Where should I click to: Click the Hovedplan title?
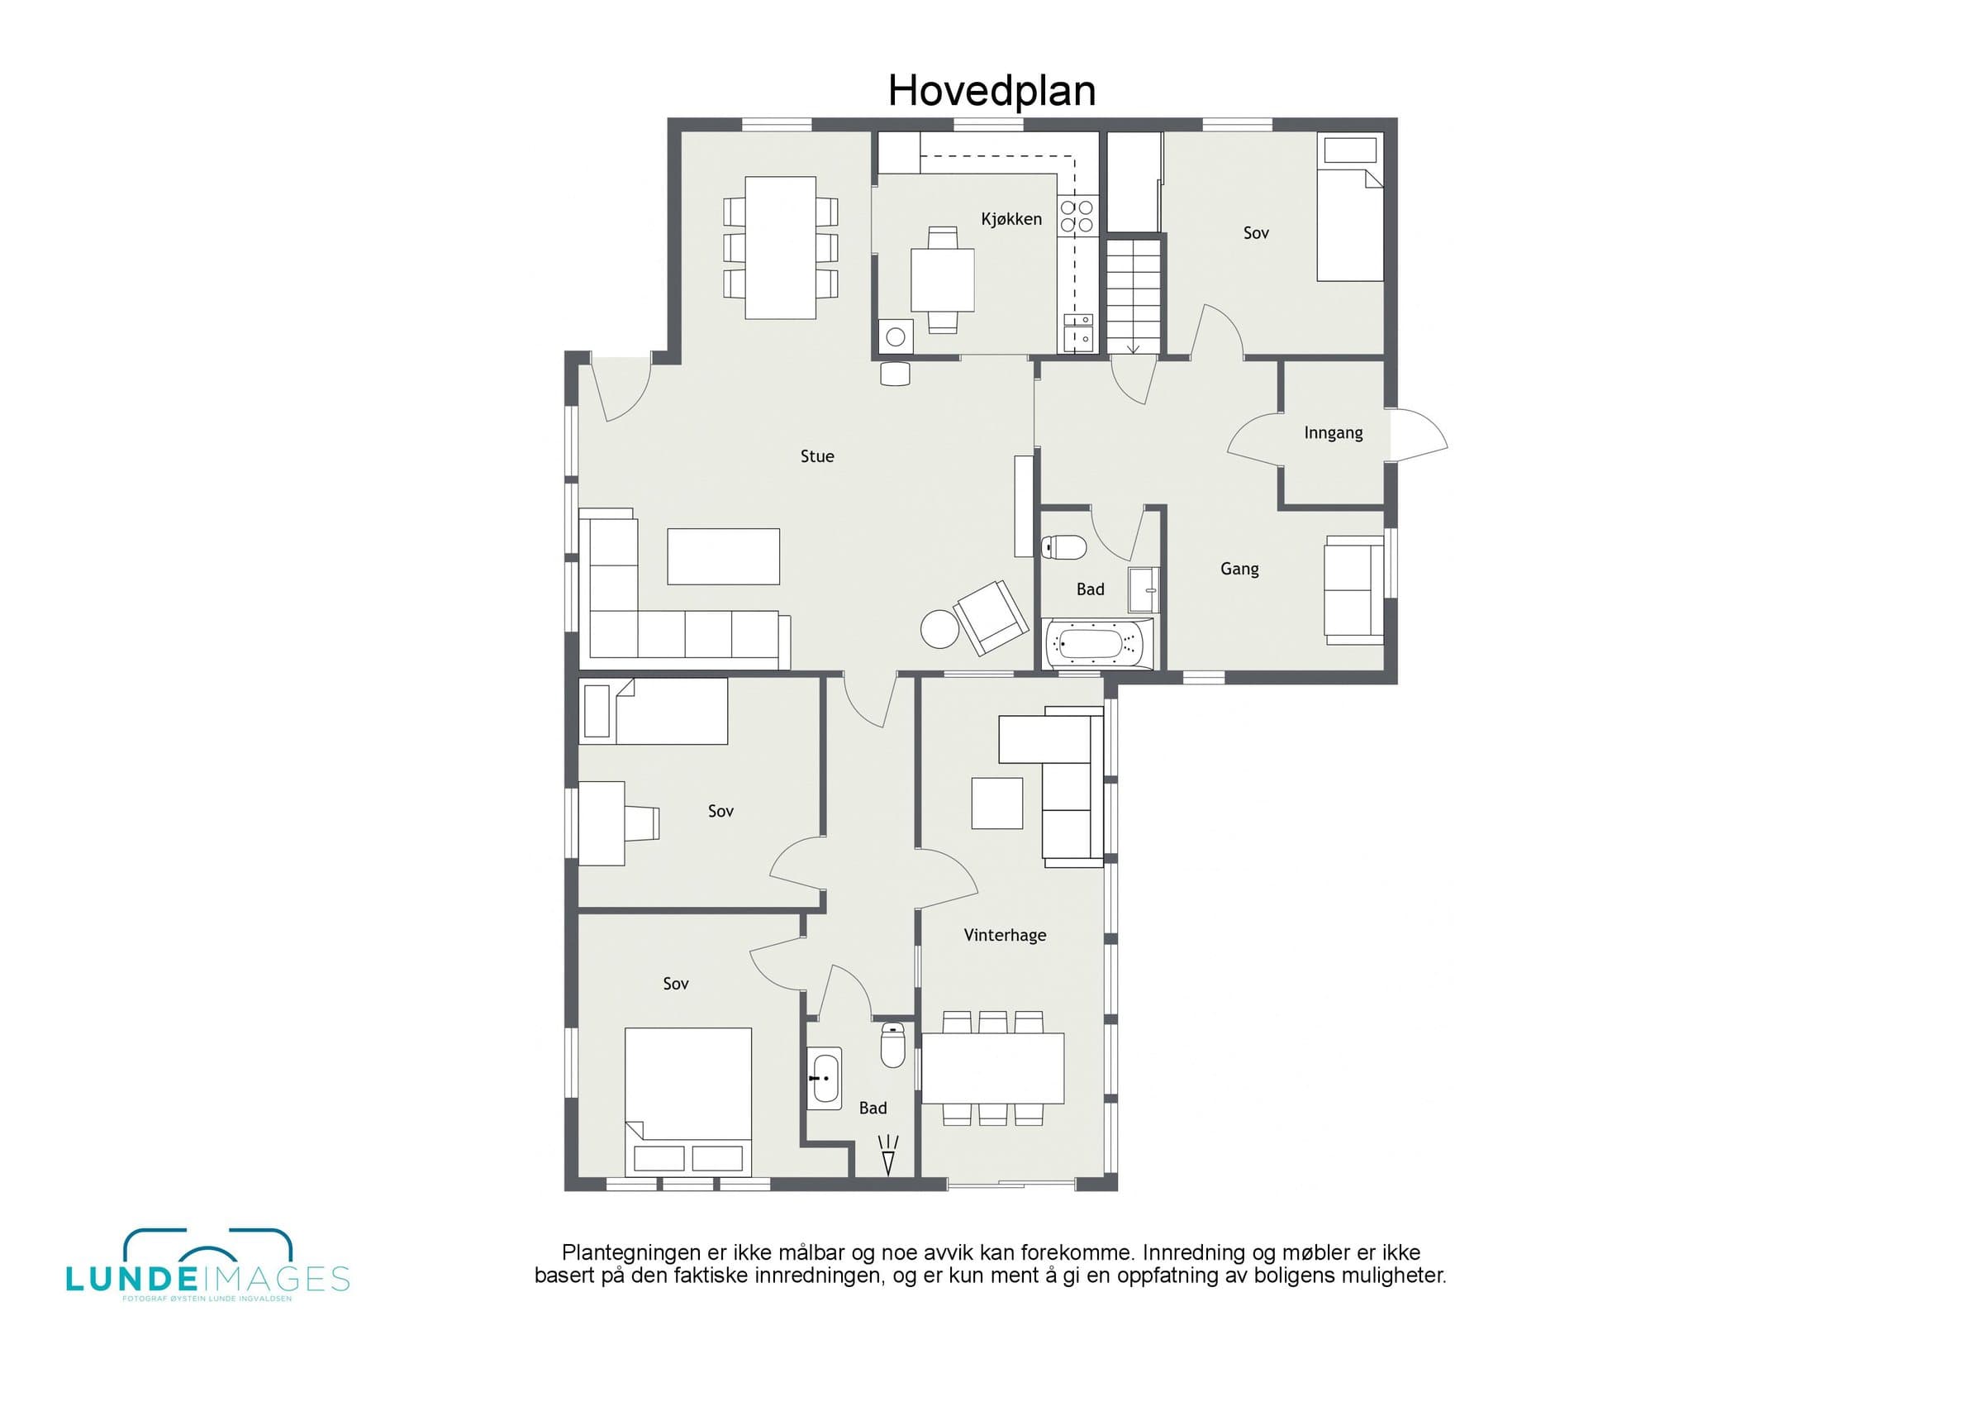(991, 91)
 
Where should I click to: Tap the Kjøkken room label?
(1011, 219)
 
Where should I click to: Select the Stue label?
(817, 456)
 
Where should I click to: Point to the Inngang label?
(1334, 433)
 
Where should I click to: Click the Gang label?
(1239, 569)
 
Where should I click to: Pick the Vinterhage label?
(1006, 935)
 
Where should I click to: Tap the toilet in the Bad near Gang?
(1064, 546)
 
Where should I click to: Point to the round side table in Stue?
(939, 629)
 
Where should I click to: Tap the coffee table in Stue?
(724, 556)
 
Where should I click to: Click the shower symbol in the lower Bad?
(888, 1155)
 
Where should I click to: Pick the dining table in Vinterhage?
(993, 1069)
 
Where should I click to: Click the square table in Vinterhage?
(997, 804)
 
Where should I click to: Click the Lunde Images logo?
(207, 1266)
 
